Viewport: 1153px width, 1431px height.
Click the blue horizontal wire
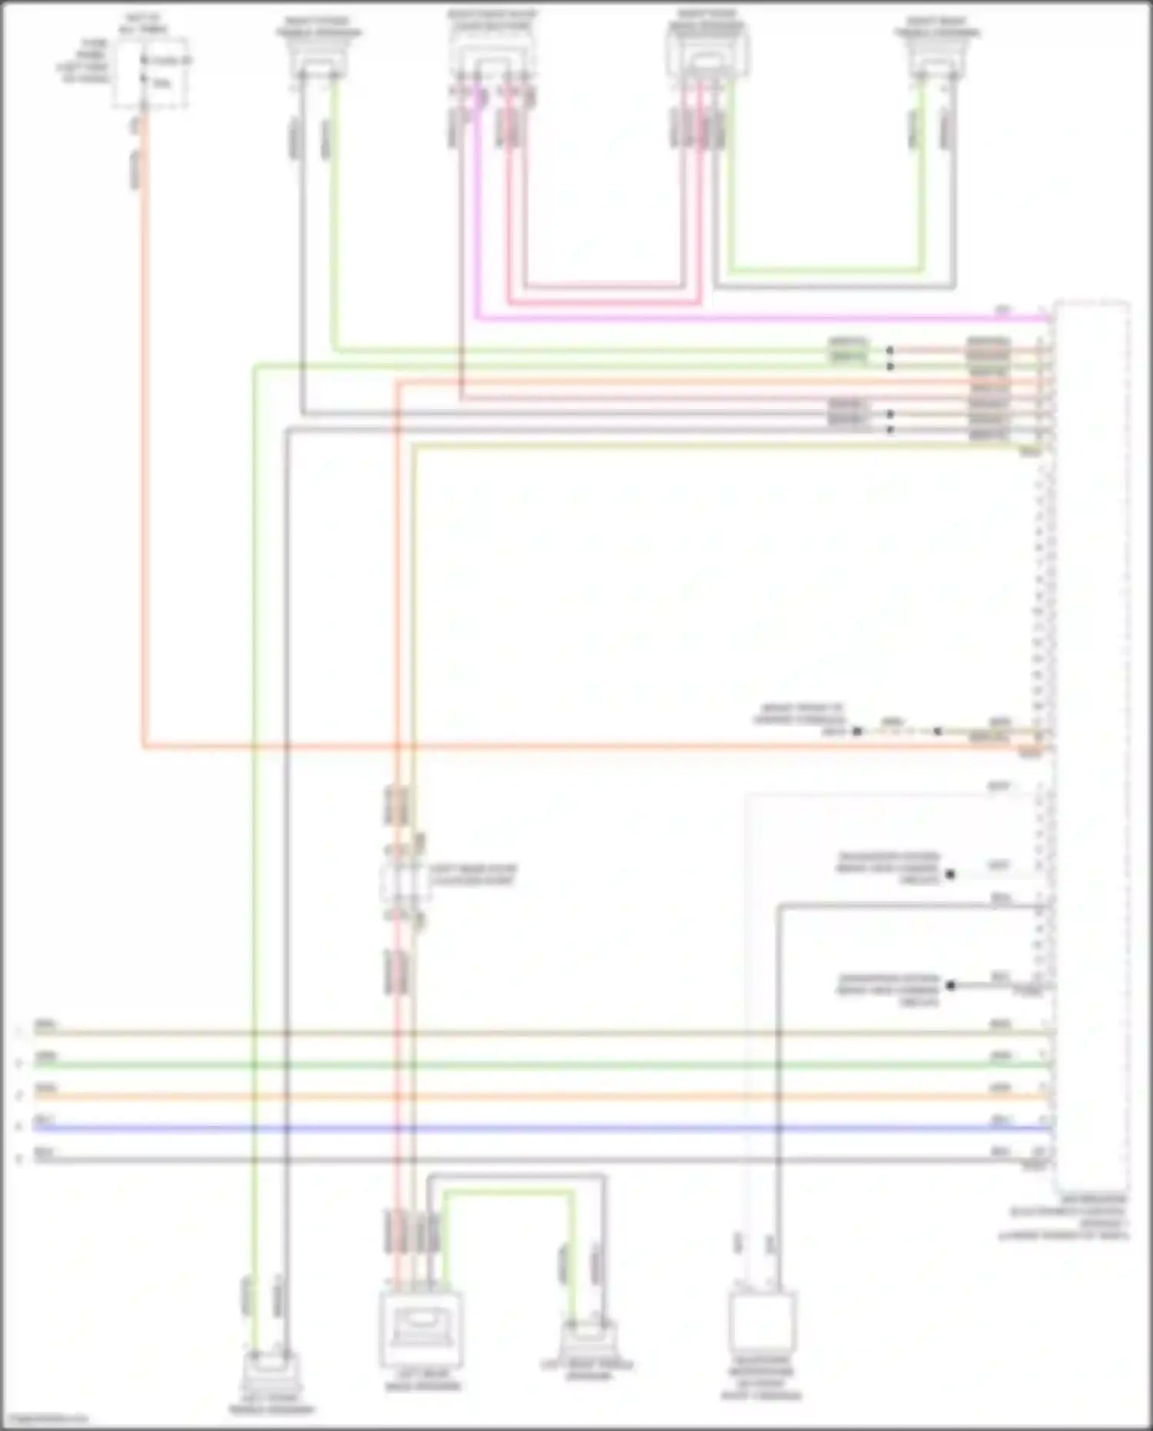[x=538, y=1129]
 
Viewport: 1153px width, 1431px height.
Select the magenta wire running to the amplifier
[x=769, y=317]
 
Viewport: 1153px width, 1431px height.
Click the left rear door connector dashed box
[x=404, y=882]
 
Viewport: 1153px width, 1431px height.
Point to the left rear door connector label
[x=473, y=874]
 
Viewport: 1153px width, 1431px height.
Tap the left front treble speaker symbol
[x=271, y=1370]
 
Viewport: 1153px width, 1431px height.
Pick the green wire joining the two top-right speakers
[x=826, y=270]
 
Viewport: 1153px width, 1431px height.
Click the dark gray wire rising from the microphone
[x=778, y=1077]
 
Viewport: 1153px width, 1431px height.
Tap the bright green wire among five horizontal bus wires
[x=538, y=1066]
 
